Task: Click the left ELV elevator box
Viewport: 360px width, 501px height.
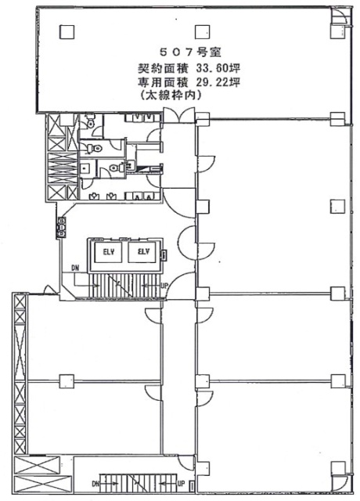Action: [x=107, y=252]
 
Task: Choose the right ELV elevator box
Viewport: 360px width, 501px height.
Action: [x=142, y=252]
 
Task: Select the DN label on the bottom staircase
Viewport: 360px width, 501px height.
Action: [x=95, y=483]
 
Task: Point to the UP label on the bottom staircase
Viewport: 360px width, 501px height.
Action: [x=180, y=483]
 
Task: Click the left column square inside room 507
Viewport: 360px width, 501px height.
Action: [x=67, y=31]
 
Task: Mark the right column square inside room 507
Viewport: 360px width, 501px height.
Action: [x=204, y=31]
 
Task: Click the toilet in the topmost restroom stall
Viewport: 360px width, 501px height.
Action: [x=92, y=123]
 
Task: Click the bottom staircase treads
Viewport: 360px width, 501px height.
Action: [x=138, y=484]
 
